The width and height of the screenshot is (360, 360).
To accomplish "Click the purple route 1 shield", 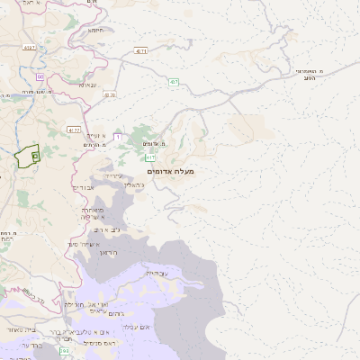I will click(x=117, y=136).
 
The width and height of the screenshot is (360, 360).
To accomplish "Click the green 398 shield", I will click(x=64, y=350).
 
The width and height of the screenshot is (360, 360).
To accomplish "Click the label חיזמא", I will click(x=95, y=30).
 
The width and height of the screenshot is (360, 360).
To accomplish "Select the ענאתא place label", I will click(x=87, y=85).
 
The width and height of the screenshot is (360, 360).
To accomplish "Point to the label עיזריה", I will click(x=112, y=175).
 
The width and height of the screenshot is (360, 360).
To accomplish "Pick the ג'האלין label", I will click(x=132, y=183).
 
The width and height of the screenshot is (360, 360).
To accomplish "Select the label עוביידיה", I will click(x=156, y=272).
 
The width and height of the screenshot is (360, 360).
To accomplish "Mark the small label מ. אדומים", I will click(x=154, y=144).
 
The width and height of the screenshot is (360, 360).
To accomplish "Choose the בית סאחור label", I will click(x=16, y=331).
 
